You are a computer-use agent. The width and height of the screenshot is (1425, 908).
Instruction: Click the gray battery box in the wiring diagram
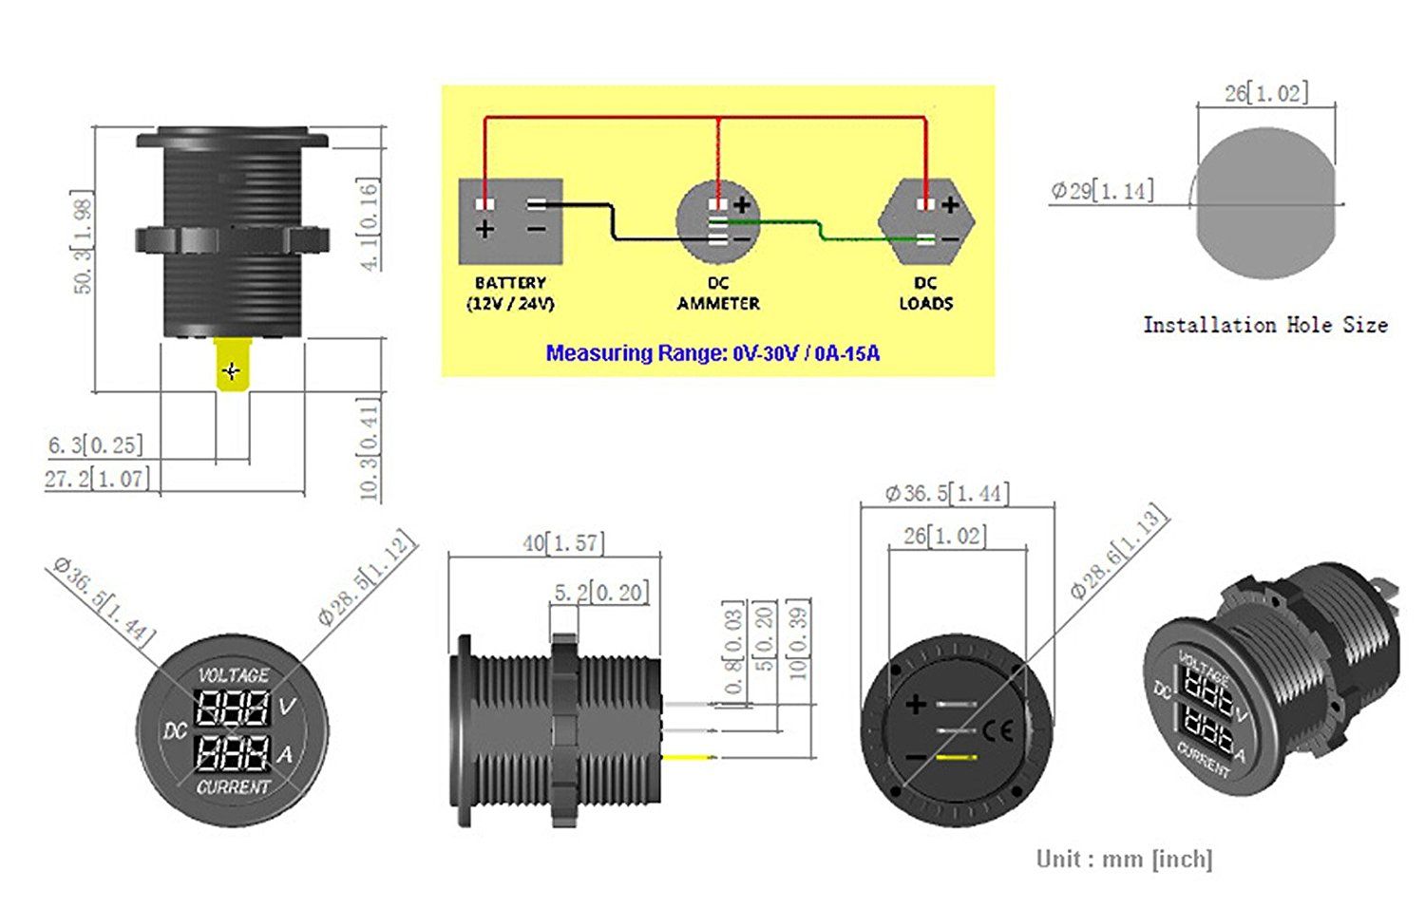[511, 221]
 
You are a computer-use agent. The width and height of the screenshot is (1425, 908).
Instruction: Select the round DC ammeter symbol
[718, 222]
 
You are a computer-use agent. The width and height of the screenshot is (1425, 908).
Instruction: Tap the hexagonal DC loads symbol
[926, 222]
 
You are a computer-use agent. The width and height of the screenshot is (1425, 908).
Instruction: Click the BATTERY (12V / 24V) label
[511, 293]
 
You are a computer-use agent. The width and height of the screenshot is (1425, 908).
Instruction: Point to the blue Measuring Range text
[713, 353]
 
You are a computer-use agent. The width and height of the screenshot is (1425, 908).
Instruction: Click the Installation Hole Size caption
[1265, 325]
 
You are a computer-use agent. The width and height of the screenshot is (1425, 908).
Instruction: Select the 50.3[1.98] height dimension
[83, 242]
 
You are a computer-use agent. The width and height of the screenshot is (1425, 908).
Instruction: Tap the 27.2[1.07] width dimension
[97, 478]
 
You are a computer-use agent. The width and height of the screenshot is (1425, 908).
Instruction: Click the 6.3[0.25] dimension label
[95, 445]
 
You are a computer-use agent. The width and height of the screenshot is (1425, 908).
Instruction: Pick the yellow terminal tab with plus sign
[233, 365]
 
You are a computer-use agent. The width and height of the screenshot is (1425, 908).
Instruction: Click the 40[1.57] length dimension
[563, 543]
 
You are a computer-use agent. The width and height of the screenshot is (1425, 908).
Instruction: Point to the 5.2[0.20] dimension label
[601, 593]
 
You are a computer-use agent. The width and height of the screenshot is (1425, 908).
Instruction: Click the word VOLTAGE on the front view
[234, 674]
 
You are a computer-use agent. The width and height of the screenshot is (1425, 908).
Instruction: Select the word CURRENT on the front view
[234, 787]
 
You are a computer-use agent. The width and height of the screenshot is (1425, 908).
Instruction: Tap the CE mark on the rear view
[997, 731]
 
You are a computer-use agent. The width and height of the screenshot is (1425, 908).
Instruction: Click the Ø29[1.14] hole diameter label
[1102, 190]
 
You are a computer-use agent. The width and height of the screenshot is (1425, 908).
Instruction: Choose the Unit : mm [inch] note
[1125, 859]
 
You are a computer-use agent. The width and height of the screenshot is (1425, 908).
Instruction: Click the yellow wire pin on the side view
[690, 757]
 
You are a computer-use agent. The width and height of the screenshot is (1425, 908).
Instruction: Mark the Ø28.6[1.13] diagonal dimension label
[1119, 551]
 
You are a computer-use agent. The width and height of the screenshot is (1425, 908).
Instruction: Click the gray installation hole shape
[1266, 203]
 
